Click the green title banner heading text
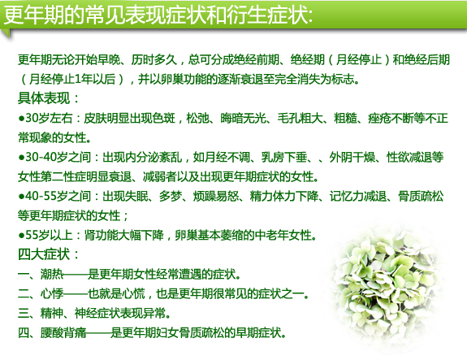tap(158, 15)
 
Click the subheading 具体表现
tap(44, 98)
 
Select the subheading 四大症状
tap(44, 255)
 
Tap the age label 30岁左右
tap(49, 118)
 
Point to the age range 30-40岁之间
tap(58, 157)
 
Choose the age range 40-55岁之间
tap(58, 196)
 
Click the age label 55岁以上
tap(49, 235)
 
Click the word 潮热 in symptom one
tap(52, 274)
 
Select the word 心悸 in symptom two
tap(52, 294)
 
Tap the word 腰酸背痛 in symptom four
tap(63, 332)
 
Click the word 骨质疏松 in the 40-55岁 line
tap(421, 196)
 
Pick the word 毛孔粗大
tap(301, 118)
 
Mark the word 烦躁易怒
tap(216, 196)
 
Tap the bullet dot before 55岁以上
tap(21, 236)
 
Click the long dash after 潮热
tap(75, 275)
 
